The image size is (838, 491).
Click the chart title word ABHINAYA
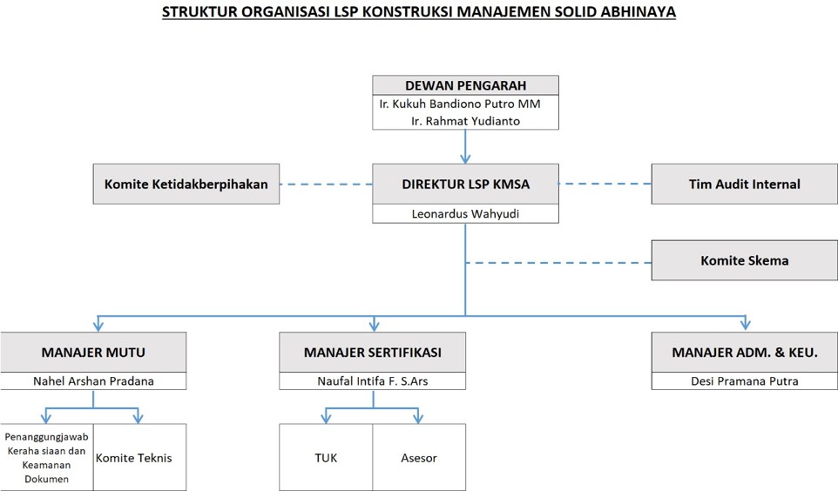pos(639,12)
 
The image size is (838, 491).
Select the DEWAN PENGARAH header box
pos(465,85)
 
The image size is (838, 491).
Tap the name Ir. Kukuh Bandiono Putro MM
pos(460,104)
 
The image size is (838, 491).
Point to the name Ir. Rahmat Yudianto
pos(465,121)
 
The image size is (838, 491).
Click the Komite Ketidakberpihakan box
pos(186,184)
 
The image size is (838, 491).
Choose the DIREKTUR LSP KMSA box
pos(465,184)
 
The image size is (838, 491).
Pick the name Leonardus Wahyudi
pos(465,213)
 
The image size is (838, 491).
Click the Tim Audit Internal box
pos(745,184)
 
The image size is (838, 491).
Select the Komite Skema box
pos(745,260)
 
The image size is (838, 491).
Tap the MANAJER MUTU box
pos(93,352)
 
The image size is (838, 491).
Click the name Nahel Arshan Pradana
pos(93,381)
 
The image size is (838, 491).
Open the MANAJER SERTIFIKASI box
pos(373,352)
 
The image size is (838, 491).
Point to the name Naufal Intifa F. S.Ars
pos(373,381)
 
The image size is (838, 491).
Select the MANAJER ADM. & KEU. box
pos(745,352)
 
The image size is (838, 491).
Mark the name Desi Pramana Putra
pos(745,381)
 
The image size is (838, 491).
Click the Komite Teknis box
pos(140,457)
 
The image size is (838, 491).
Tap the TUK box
pos(326,457)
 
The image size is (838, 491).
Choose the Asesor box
pos(419,457)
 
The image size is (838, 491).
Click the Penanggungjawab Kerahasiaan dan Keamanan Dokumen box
pos(46,457)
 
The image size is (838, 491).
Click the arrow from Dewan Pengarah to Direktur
pos(465,146)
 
